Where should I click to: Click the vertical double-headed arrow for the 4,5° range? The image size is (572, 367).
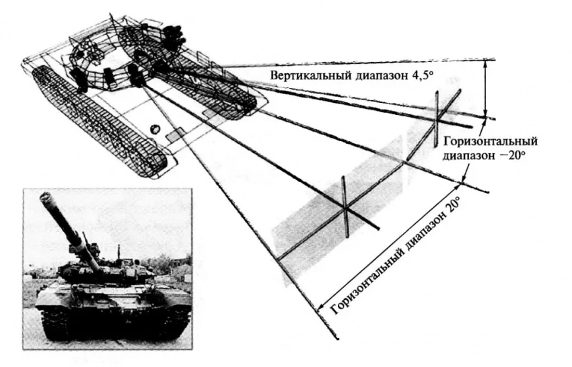pos(485,87)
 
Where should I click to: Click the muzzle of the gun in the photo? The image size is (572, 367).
pos(46,198)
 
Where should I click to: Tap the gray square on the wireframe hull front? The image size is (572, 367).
pos(174,135)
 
